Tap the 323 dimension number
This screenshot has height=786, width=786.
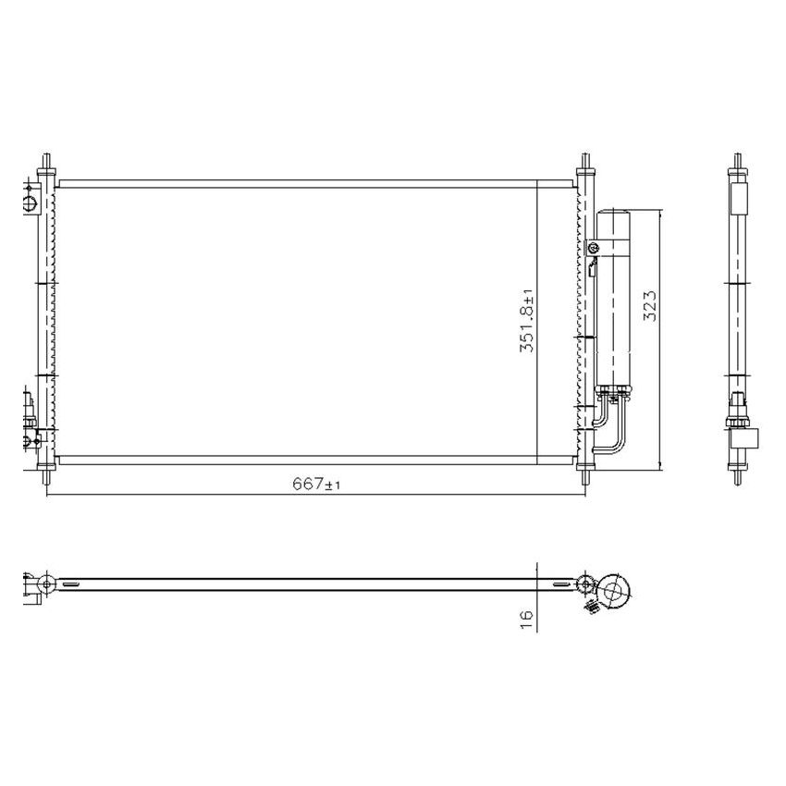[649, 305]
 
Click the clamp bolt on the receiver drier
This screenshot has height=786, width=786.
[594, 247]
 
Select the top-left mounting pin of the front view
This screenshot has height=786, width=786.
[45, 164]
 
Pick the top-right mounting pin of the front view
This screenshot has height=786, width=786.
[584, 164]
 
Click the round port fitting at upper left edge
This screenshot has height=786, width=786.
[29, 202]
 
